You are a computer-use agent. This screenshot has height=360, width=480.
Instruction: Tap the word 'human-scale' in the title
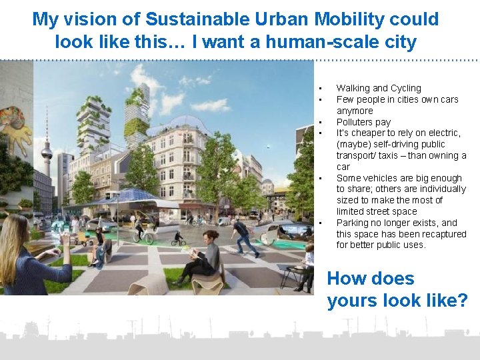(x=304, y=42)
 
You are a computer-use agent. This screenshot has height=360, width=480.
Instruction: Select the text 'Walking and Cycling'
(x=379, y=88)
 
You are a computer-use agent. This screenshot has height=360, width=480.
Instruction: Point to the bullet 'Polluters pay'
(x=363, y=122)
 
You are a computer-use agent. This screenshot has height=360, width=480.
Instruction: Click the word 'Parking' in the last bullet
(x=353, y=223)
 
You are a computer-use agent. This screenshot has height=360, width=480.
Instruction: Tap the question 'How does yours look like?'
(x=397, y=289)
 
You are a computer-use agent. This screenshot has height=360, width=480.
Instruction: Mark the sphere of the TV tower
(x=46, y=153)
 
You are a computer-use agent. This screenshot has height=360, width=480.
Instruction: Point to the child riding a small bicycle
(x=179, y=237)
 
